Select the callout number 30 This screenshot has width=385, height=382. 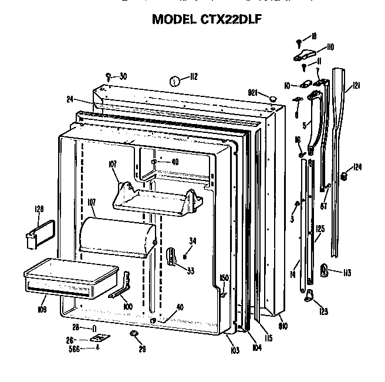click(x=123, y=75)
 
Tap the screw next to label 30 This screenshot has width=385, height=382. click(x=109, y=75)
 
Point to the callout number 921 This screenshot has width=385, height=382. click(x=254, y=93)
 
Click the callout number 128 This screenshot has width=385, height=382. click(x=39, y=209)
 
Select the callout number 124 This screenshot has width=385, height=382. click(x=357, y=167)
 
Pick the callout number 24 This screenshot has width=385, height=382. click(x=69, y=99)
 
